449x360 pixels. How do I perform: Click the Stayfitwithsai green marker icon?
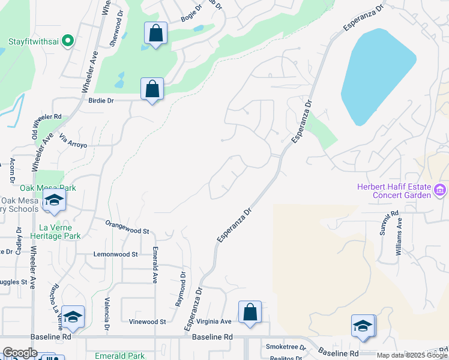[67, 41]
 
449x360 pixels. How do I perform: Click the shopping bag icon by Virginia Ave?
[250, 312]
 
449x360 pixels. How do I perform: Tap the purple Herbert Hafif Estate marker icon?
[441, 191]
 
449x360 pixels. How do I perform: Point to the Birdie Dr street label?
[101, 101]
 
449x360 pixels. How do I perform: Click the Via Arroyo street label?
[74, 141]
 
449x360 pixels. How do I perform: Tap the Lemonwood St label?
[116, 254]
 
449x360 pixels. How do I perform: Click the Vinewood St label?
[147, 322]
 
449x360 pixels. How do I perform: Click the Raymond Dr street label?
[181, 289]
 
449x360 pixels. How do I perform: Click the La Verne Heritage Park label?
[60, 232]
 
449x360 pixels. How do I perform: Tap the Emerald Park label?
[120, 356]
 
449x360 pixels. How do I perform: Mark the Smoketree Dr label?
[286, 347]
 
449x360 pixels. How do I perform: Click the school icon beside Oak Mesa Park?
[54, 203]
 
